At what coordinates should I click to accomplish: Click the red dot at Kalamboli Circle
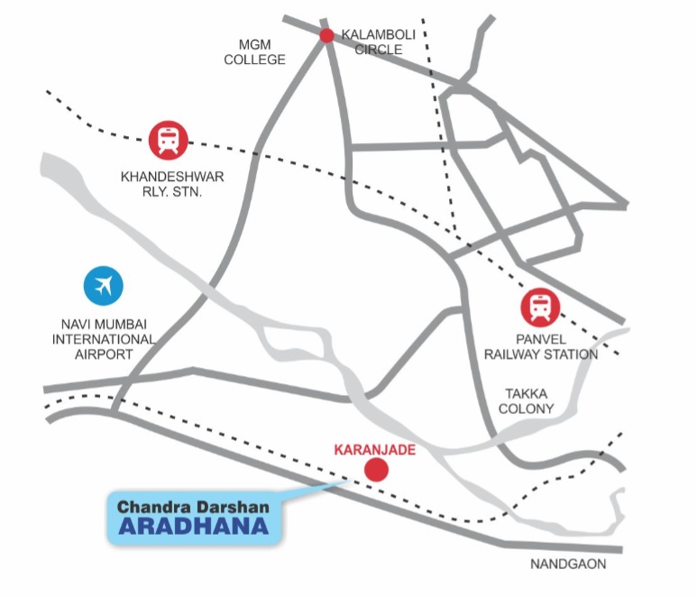pyautogui.click(x=326, y=36)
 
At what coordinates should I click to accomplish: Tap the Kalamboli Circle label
pyautogui.click(x=378, y=41)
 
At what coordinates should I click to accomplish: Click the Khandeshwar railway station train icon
pyautogui.click(x=169, y=141)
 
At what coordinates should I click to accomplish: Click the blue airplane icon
pyautogui.click(x=104, y=286)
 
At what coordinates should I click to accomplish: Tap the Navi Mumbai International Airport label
pyautogui.click(x=103, y=339)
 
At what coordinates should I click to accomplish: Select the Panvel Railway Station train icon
pyautogui.click(x=539, y=307)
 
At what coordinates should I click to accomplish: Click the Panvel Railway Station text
pyautogui.click(x=540, y=346)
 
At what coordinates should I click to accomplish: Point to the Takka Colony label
pyautogui.click(x=525, y=400)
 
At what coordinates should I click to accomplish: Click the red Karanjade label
pyautogui.click(x=374, y=448)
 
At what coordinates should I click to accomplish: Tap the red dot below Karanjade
pyautogui.click(x=375, y=470)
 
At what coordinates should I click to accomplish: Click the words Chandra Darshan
pyautogui.click(x=193, y=508)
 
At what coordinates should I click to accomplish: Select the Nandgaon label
pyautogui.click(x=567, y=564)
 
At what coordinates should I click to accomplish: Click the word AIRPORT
pyautogui.click(x=103, y=354)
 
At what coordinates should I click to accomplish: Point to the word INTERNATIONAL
pyautogui.click(x=103, y=339)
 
